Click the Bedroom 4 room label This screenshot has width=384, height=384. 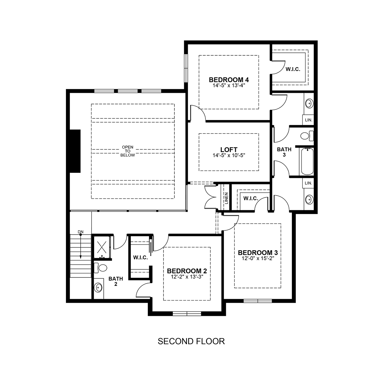[229, 80]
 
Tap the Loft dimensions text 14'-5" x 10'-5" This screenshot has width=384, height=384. [229, 156]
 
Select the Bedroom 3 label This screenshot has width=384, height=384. [258, 253]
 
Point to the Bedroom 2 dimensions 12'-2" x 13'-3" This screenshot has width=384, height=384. [187, 277]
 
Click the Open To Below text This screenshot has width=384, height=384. [128, 151]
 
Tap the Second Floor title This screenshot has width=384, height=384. [191, 341]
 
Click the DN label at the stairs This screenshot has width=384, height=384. [81, 232]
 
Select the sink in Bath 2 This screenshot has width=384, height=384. [99, 288]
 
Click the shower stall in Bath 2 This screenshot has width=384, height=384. [102, 247]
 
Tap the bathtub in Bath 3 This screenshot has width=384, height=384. [307, 161]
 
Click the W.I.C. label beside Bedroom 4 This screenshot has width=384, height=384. [293, 69]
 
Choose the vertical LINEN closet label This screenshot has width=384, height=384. [227, 198]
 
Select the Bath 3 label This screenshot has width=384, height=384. [284, 152]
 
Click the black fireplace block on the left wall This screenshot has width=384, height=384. [75, 151]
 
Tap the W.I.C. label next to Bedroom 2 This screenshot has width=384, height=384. [140, 258]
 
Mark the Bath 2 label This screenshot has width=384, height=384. [116, 281]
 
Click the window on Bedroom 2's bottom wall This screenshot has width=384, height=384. [187, 314]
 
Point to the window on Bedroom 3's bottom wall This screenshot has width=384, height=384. [258, 301]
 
